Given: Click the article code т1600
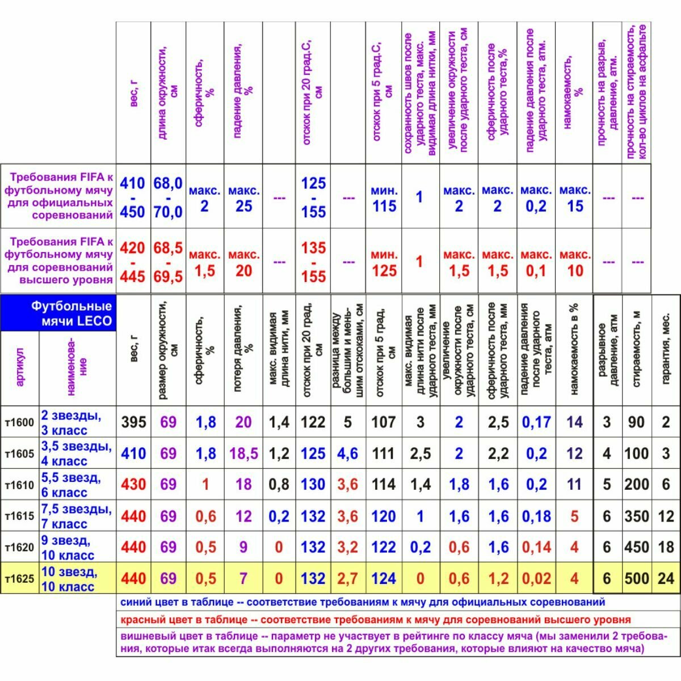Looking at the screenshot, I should (20, 423).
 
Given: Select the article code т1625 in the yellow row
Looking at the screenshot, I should (20, 579).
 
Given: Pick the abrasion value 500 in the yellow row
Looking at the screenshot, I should (637, 579).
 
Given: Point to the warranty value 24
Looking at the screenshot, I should (666, 579).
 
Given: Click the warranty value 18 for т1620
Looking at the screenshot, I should (666, 548).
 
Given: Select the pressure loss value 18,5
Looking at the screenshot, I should (244, 454).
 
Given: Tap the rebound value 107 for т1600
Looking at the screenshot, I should (384, 422).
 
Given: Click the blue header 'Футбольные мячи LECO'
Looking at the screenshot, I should (72, 314).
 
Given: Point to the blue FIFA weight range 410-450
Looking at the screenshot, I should (132, 197).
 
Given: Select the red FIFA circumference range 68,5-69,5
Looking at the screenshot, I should (168, 262).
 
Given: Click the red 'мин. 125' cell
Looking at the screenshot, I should (384, 263).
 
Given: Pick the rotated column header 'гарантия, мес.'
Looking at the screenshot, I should (666, 349).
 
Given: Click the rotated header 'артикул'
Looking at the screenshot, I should (20, 368).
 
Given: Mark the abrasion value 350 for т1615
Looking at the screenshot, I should (637, 516).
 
